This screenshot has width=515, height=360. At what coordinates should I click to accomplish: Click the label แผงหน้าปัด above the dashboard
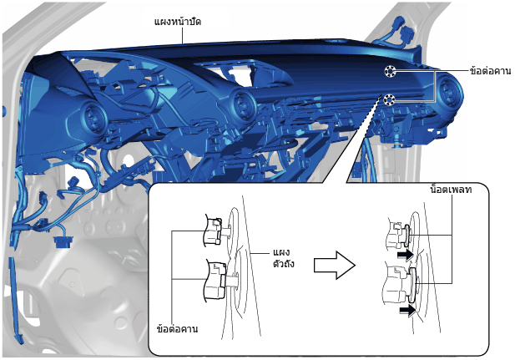178,22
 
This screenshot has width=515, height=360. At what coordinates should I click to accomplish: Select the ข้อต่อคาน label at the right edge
490,71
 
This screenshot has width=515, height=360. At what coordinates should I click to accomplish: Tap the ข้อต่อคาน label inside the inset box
177,328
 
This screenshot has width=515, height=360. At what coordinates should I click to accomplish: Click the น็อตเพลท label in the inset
451,190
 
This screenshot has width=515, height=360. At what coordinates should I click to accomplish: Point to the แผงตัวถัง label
284,258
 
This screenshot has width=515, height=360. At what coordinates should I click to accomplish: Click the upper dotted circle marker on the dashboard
390,71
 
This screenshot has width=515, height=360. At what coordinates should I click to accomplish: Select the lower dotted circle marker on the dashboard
389,99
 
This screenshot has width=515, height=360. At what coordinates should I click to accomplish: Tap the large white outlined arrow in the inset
335,265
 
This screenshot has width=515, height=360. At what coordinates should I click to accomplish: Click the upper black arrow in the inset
405,254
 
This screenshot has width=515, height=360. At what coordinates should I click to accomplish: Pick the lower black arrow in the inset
407,310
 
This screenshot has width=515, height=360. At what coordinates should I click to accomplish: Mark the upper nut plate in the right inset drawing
407,235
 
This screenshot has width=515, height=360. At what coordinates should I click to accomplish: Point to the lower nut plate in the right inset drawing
412,285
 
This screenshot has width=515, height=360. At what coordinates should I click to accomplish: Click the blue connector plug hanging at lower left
64,241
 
